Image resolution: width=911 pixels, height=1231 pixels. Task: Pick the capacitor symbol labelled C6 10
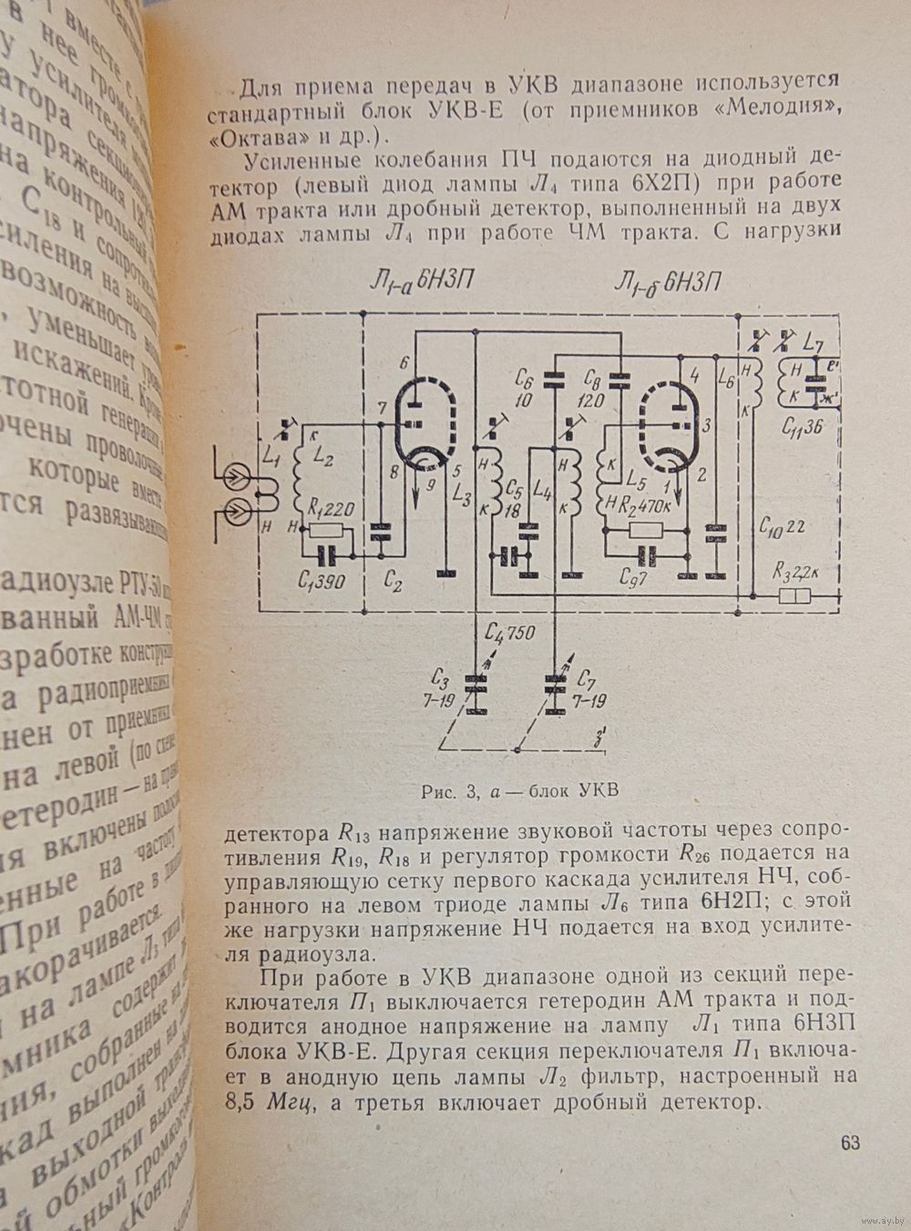pos(553,379)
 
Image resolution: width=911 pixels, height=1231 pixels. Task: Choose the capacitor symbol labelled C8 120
pos(619,377)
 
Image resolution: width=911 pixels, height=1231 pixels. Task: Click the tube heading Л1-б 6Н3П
pos(667,283)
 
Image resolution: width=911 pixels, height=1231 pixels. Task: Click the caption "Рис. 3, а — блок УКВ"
pos(520,789)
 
